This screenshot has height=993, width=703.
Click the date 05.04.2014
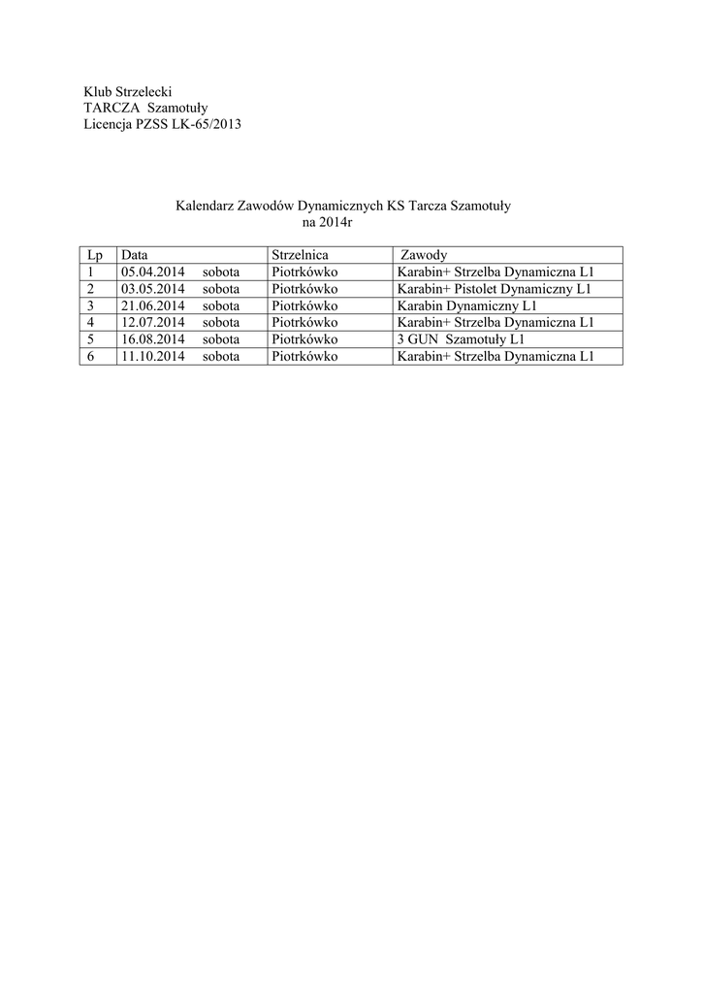pyautogui.click(x=153, y=272)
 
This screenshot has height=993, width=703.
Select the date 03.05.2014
pyautogui.click(x=153, y=289)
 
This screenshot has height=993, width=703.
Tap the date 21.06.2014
pyautogui.click(x=153, y=305)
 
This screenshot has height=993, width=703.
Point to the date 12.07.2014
pyautogui.click(x=153, y=322)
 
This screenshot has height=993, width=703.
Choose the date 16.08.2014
pyautogui.click(x=153, y=339)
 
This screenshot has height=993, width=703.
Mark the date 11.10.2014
pyautogui.click(x=153, y=356)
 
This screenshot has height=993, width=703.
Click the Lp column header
pyautogui.click(x=94, y=255)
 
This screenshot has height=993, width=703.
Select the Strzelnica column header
pyautogui.click(x=301, y=255)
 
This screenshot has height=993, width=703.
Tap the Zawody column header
pyautogui.click(x=423, y=255)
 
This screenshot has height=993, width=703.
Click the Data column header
pyautogui.click(x=134, y=255)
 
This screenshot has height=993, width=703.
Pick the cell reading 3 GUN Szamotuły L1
pyautogui.click(x=447, y=339)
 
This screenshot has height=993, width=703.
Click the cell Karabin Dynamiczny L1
pyautogui.click(x=460, y=305)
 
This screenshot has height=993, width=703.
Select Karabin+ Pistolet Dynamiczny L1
pyautogui.click(x=494, y=289)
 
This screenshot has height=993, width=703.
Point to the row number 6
pyautogui.click(x=90, y=356)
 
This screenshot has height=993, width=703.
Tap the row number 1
pyautogui.click(x=90, y=272)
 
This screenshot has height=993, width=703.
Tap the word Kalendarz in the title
pyautogui.click(x=205, y=206)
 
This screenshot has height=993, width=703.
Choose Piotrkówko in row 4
pyautogui.click(x=304, y=322)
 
